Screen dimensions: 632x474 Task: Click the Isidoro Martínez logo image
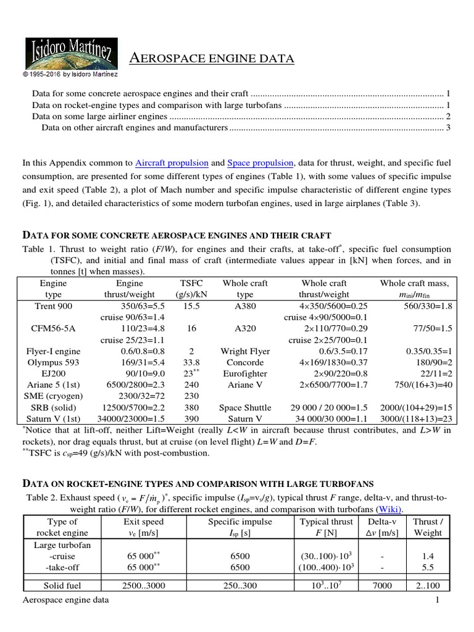(67, 52)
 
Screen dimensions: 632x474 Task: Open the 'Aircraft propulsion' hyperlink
(171, 164)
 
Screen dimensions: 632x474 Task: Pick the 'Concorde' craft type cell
(245, 362)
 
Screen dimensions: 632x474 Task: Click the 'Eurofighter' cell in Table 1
(245, 374)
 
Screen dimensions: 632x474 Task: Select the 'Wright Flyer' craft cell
(245, 351)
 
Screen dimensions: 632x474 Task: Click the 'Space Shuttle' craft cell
(245, 407)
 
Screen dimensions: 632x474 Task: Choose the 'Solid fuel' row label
(54, 584)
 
